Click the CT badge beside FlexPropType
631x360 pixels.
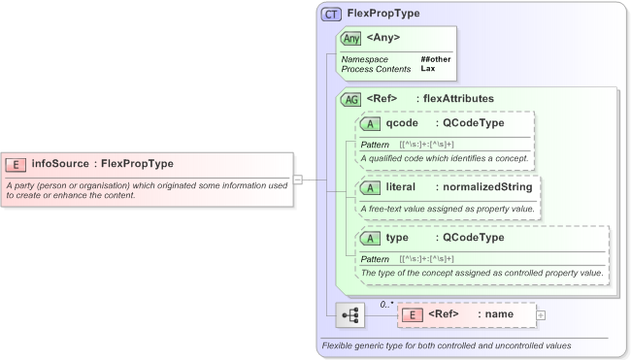[x=331, y=16]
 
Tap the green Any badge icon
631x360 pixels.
[x=350, y=39]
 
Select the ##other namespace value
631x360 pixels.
[x=436, y=59]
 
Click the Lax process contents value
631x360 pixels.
[x=427, y=69]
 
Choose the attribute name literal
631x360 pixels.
[x=401, y=186]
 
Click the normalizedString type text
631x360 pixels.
[x=483, y=186]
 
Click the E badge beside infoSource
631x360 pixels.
[x=16, y=164]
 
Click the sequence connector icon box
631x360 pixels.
[x=349, y=315]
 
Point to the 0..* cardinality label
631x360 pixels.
[x=386, y=305]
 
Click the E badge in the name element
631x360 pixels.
[x=412, y=314]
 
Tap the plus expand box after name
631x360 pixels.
[x=541, y=315]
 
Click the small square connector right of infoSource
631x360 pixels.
[x=298, y=179]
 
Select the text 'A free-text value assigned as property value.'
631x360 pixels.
[x=447, y=209]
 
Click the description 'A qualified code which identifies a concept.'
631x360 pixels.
[x=445, y=157]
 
